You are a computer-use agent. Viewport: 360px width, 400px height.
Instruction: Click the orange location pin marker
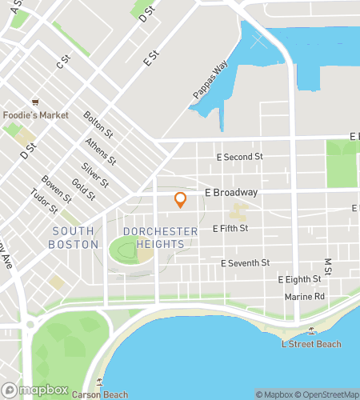point(181,200)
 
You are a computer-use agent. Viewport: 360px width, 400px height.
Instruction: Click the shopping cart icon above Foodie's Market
point(36,102)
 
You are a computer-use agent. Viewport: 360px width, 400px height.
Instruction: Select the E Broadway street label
point(231,193)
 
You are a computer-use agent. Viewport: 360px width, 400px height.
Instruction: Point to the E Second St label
point(241,157)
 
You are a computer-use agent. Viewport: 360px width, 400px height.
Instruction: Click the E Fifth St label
point(230,228)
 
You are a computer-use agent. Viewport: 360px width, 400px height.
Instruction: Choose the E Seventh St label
point(246,262)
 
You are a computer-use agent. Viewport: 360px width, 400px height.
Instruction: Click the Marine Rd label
point(305,297)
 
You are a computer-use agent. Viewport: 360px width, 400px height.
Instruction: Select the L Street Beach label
point(311,344)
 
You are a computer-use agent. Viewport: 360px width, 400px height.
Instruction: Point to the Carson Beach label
point(100,394)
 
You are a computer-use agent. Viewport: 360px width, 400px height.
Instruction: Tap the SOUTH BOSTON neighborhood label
point(73,238)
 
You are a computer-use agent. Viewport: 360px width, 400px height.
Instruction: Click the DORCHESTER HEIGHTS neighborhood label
point(160,238)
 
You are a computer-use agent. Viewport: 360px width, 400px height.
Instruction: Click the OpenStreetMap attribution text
point(328,394)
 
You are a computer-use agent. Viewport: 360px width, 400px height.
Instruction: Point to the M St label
point(327,265)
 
